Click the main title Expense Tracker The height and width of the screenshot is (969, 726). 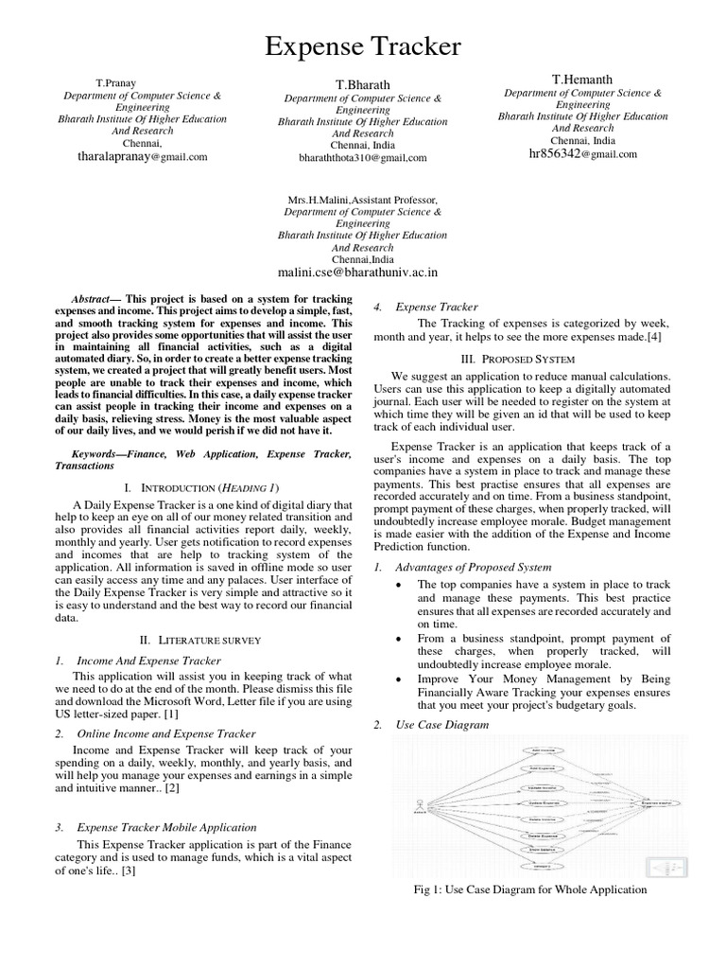click(x=363, y=46)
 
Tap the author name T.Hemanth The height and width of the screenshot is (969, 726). click(x=582, y=79)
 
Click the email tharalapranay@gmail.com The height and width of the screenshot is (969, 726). click(x=142, y=157)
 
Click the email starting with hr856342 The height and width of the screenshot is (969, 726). click(x=576, y=153)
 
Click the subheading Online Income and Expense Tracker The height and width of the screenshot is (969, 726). click(x=165, y=733)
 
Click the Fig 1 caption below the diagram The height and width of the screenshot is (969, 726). click(x=531, y=890)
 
